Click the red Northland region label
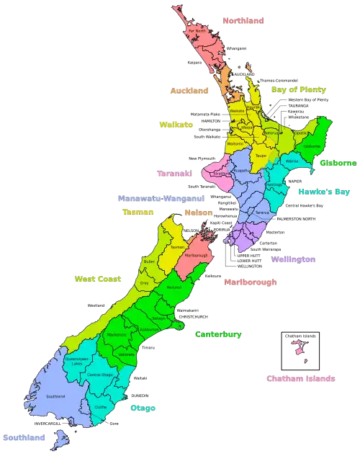243,22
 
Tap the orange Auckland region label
189,91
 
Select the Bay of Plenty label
299,90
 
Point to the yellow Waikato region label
176,125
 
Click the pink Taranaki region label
174,174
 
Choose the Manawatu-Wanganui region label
161,197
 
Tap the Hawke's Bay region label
324,192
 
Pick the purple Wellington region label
293,259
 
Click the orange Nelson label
198,213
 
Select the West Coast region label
98,278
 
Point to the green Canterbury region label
218,334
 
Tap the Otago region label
142,408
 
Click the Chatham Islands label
300,378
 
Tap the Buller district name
149,261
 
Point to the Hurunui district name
173,287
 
